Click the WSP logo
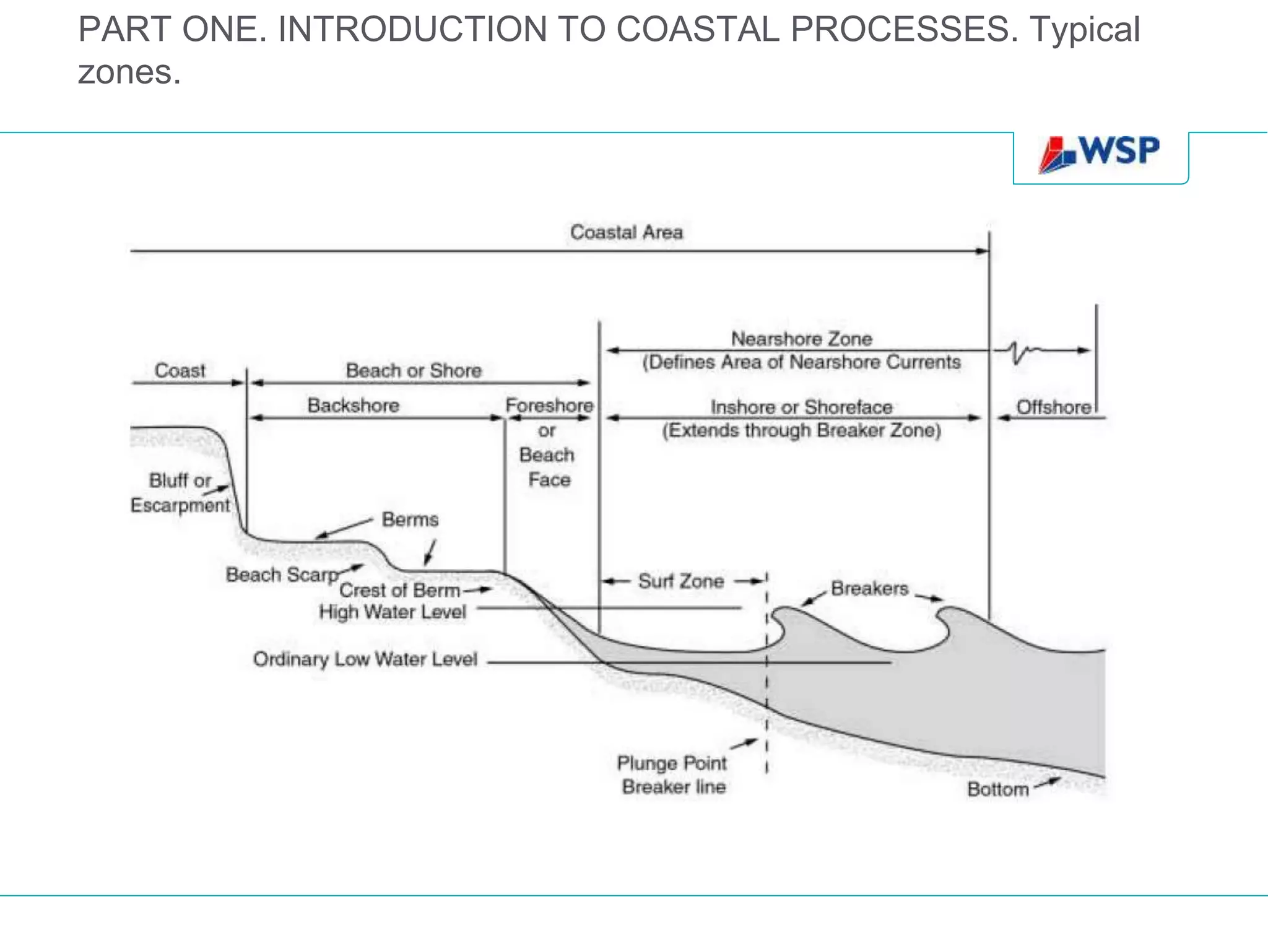(x=1100, y=153)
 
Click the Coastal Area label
(x=626, y=232)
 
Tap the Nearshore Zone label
(x=801, y=339)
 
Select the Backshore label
(x=354, y=406)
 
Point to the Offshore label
(x=1053, y=407)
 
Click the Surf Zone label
(x=681, y=581)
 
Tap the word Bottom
(x=997, y=789)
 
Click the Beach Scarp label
(x=282, y=575)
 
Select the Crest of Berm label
(x=399, y=591)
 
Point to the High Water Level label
(x=393, y=612)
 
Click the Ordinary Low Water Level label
(x=365, y=659)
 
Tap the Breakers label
(x=869, y=588)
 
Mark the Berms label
(x=410, y=519)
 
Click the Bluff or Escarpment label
(x=180, y=493)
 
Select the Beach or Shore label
(x=414, y=370)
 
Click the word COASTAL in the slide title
(x=698, y=29)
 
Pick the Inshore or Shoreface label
(x=801, y=407)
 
